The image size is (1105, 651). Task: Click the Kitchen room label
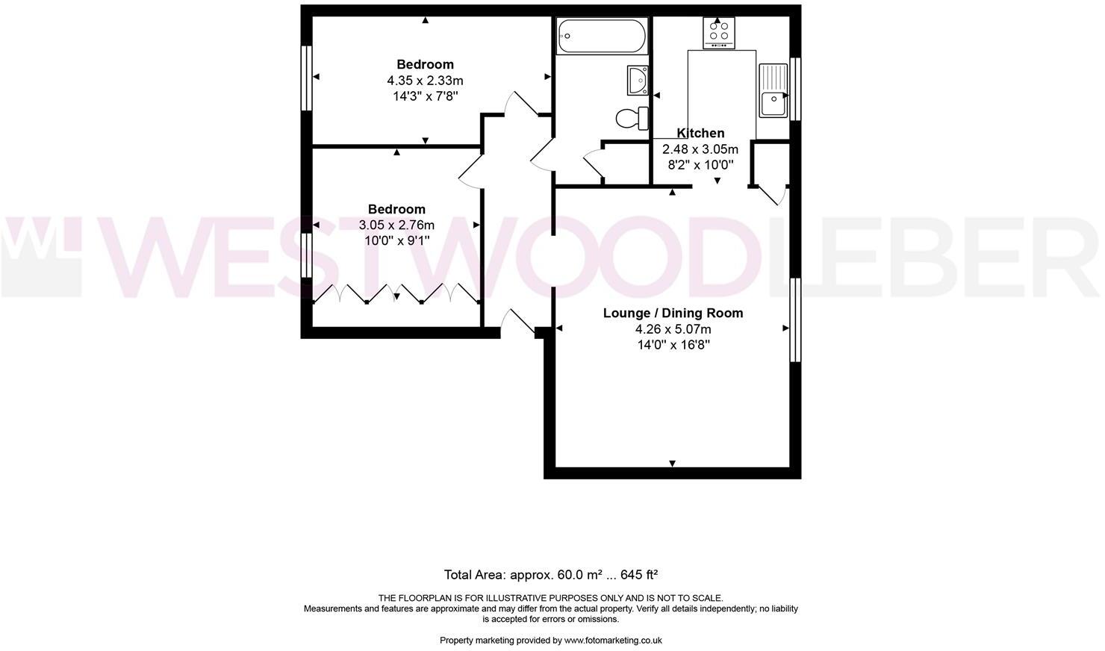pyautogui.click(x=700, y=133)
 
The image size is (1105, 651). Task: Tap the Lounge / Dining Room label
pyautogui.click(x=673, y=313)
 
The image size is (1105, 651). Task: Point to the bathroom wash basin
pyautogui.click(x=638, y=80)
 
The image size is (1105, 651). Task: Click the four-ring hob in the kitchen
pyautogui.click(x=718, y=31)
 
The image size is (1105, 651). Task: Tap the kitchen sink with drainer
pyautogui.click(x=773, y=90)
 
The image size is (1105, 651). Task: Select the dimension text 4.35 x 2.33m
pyautogui.click(x=425, y=81)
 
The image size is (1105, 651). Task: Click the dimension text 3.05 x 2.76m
pyautogui.click(x=396, y=225)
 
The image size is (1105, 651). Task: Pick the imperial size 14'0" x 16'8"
pyautogui.click(x=673, y=345)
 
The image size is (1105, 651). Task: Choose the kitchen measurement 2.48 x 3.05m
pyautogui.click(x=700, y=149)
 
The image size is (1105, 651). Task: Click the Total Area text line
pyautogui.click(x=551, y=575)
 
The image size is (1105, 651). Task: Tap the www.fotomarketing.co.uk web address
pyautogui.click(x=613, y=640)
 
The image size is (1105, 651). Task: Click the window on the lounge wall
pyautogui.click(x=796, y=320)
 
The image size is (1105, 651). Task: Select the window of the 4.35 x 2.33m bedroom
pyautogui.click(x=306, y=78)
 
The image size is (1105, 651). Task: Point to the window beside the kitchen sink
pyautogui.click(x=796, y=89)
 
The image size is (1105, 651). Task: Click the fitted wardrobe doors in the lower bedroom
pyautogui.click(x=396, y=293)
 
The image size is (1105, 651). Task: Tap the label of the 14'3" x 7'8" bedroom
pyautogui.click(x=425, y=64)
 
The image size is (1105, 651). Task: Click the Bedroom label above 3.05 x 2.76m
pyautogui.click(x=396, y=209)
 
